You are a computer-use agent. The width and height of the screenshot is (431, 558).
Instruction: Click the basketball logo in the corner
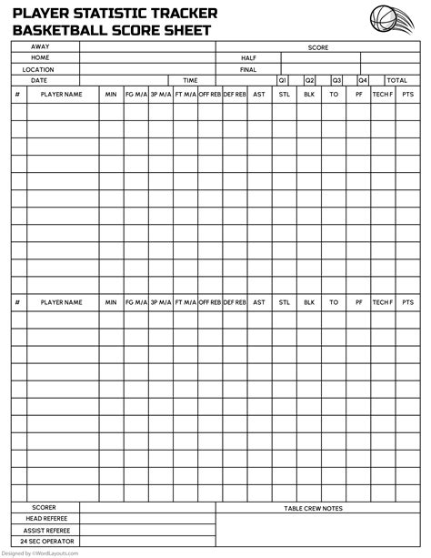tap(394, 19)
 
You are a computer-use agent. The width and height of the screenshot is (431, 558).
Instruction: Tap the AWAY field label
tap(40, 46)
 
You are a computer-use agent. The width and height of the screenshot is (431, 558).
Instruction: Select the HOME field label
tap(40, 57)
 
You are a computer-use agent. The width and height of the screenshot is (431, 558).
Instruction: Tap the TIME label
tap(190, 80)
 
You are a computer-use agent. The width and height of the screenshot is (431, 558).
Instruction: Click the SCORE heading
tap(318, 46)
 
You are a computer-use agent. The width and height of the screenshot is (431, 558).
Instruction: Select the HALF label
tap(248, 57)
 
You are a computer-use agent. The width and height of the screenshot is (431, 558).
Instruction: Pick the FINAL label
tap(248, 68)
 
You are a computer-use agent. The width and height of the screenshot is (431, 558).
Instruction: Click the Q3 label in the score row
tap(336, 80)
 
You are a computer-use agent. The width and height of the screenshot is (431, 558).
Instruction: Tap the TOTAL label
tap(397, 80)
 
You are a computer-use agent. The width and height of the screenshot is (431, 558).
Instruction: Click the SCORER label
tap(44, 507)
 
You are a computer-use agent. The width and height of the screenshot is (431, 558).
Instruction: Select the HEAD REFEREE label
tap(44, 518)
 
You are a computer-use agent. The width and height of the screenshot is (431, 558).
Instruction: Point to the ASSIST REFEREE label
tap(44, 529)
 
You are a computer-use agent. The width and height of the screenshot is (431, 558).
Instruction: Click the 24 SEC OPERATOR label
tap(44, 540)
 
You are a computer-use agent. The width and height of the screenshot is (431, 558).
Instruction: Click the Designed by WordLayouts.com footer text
tap(41, 553)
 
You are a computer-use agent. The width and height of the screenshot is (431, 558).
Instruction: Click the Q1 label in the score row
tap(282, 80)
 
